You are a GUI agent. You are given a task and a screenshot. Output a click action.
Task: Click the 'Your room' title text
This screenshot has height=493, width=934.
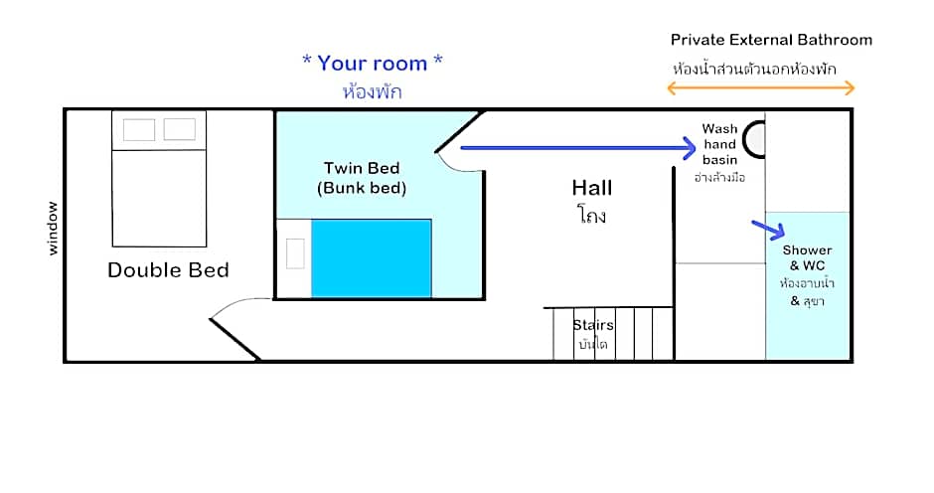pyautogui.click(x=373, y=63)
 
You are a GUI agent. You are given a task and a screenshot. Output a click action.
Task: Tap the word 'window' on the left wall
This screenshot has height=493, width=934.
pyautogui.click(x=53, y=229)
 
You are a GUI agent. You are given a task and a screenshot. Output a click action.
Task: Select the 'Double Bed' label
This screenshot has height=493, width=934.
pyautogui.click(x=168, y=270)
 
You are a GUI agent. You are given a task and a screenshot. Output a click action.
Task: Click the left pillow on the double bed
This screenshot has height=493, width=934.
pyautogui.click(x=139, y=129)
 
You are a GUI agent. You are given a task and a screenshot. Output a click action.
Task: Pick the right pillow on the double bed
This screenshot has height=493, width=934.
pyautogui.click(x=179, y=129)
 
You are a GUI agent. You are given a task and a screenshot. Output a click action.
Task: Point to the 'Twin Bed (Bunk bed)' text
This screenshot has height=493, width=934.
pyautogui.click(x=362, y=178)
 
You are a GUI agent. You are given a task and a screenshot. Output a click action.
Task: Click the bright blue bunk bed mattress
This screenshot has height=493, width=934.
pyautogui.click(x=371, y=258)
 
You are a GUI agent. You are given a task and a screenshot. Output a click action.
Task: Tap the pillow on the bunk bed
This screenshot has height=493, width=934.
pyautogui.click(x=295, y=253)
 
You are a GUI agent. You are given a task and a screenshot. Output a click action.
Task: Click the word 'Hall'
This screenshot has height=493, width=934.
pyautogui.click(x=591, y=188)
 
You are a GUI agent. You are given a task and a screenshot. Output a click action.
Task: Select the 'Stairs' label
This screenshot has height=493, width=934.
pyautogui.click(x=592, y=325)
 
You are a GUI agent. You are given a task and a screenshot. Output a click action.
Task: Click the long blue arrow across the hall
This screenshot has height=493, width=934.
pyautogui.click(x=578, y=148)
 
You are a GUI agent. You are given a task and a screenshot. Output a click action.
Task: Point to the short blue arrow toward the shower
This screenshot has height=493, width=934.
pyautogui.click(x=768, y=230)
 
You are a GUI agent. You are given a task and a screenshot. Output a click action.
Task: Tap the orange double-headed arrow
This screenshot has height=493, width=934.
pyautogui.click(x=761, y=88)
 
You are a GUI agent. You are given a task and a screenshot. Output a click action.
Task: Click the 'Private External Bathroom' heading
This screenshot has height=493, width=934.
pyautogui.click(x=771, y=40)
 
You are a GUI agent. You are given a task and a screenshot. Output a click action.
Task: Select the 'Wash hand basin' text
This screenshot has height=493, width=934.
pyautogui.click(x=719, y=144)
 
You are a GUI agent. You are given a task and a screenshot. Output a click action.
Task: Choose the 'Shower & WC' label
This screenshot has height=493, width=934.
pyautogui.click(x=807, y=257)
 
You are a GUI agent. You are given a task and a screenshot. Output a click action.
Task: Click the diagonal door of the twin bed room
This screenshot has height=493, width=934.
pyautogui.click(x=459, y=131)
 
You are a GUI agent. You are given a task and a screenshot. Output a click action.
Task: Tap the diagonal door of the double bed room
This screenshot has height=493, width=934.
pyautogui.click(x=234, y=339)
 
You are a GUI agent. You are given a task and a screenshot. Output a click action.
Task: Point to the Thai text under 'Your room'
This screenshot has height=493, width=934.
pyautogui.click(x=373, y=91)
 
